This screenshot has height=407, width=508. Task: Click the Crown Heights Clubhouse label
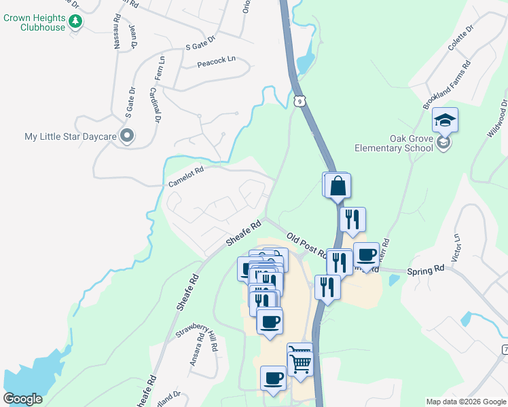pyautogui.click(x=34, y=22)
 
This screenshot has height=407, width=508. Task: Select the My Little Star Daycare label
pyautogui.click(x=71, y=136)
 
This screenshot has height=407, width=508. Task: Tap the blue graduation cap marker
pyautogui.click(x=445, y=120)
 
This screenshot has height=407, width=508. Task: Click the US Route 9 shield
pyautogui.click(x=300, y=101)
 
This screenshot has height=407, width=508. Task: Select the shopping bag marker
pyautogui.click(x=338, y=185)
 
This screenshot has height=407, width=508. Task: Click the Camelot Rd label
pyautogui.click(x=185, y=177)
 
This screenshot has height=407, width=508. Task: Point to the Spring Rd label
pyautogui.click(x=425, y=269)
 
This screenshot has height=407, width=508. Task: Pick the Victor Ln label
pyautogui.click(x=456, y=248)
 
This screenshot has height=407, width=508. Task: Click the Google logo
pyautogui.click(x=22, y=399)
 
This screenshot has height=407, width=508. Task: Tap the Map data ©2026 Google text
pyautogui.click(x=466, y=402)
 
